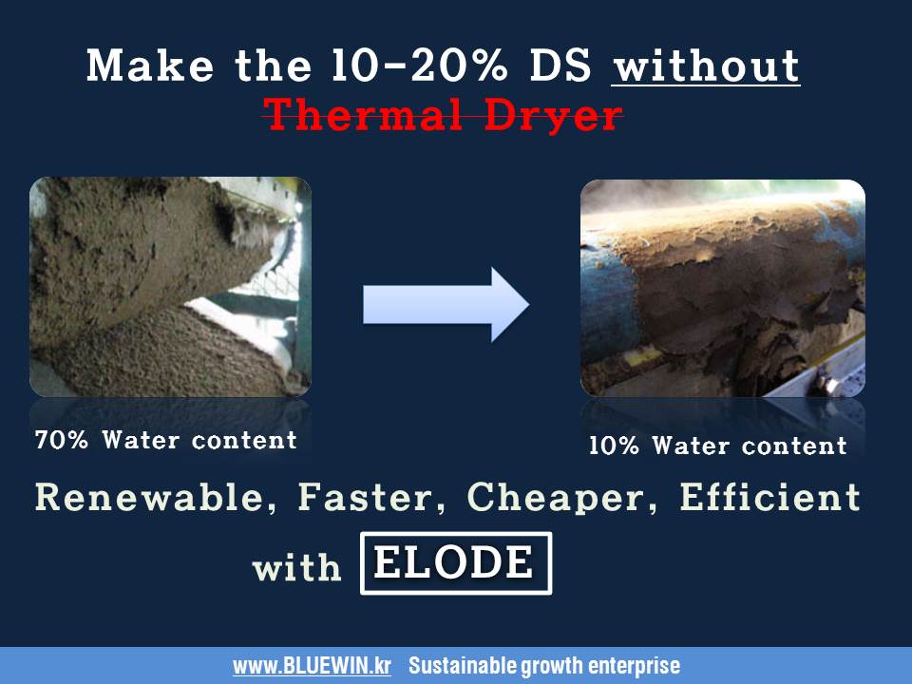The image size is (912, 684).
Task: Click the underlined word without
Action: [705, 66]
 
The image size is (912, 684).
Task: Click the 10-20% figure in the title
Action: [446, 66]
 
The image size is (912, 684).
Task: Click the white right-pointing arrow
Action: [445, 304]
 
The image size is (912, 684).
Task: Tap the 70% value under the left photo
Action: [62, 441]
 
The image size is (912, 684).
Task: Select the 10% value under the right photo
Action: [614, 446]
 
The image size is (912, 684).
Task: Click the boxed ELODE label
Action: [455, 563]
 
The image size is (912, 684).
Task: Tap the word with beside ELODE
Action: [296, 568]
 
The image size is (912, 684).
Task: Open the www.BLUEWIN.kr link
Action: [312, 666]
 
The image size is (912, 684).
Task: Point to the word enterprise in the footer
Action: [637, 666]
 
